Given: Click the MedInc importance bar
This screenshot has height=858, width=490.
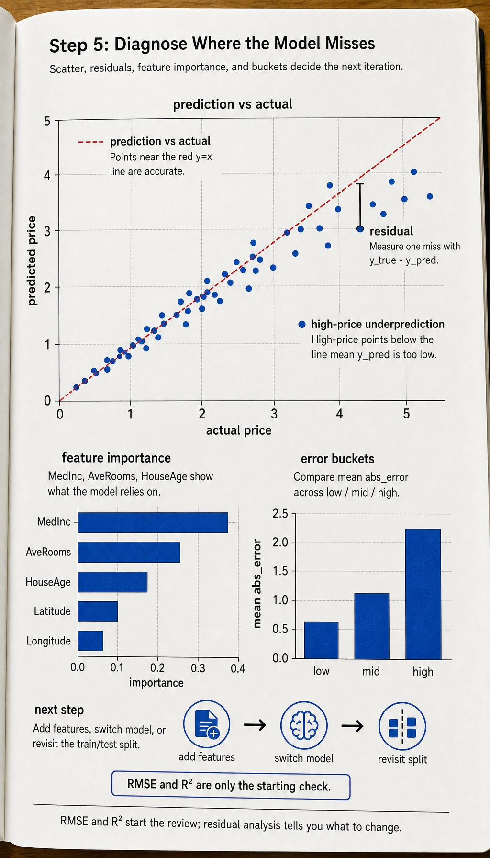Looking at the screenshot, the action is tap(153, 522).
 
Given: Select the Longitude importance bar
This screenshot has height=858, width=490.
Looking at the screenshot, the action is tap(90, 641).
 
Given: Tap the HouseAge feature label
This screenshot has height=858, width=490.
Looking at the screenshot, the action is tap(48, 582).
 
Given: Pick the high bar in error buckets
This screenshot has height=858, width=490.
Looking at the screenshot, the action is tap(423, 594).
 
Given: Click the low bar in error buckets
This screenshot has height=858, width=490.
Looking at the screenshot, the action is tap(321, 641).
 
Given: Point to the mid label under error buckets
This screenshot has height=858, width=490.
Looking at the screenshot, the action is tap(371, 671).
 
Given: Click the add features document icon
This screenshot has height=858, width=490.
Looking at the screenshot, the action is tap(207, 724).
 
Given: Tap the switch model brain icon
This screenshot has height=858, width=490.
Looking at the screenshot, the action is tap(304, 725).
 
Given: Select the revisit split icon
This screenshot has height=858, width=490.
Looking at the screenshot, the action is tap(402, 726).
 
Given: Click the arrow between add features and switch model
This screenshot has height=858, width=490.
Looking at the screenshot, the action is tap(255, 725).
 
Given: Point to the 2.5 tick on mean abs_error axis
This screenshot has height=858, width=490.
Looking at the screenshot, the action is tap(280, 514).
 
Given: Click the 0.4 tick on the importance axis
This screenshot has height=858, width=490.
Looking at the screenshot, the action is tap(238, 668).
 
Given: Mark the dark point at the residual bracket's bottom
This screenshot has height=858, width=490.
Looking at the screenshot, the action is tap(360, 229).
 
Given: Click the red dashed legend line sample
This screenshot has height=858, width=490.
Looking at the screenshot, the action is tap(90, 142).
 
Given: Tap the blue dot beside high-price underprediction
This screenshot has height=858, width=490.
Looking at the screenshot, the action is tap(302, 324).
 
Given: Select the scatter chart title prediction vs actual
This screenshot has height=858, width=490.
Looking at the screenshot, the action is tap(233, 104).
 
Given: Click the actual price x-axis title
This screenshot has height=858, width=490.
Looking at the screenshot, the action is tap(239, 430).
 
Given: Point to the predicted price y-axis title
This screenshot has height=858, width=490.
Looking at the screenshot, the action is tap(32, 261).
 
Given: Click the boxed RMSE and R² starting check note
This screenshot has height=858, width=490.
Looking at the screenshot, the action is tap(231, 786).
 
